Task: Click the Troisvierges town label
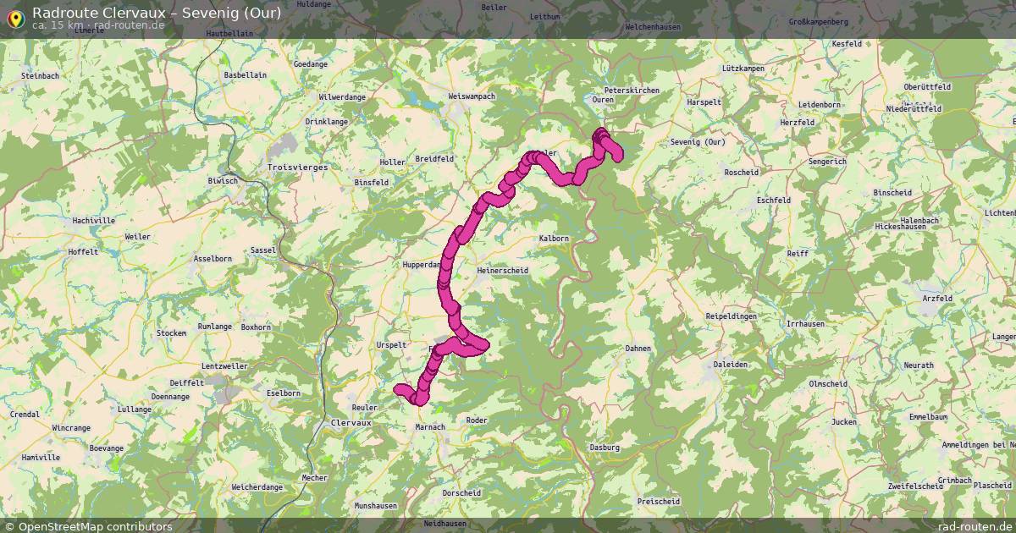coord(297,168)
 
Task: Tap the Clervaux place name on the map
coord(351,422)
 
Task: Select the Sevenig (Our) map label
coord(698,142)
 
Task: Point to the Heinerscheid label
coord(503,271)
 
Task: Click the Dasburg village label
coord(605,448)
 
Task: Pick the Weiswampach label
coord(472,96)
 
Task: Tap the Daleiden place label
coord(730,365)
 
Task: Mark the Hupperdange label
coord(422,265)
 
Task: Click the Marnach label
coord(429,427)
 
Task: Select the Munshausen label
coord(376,506)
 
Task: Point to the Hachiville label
coord(94,221)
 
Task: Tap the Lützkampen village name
coord(743,68)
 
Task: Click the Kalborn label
coord(554,239)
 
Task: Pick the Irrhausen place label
coord(806,324)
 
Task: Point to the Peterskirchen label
coord(632,90)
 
